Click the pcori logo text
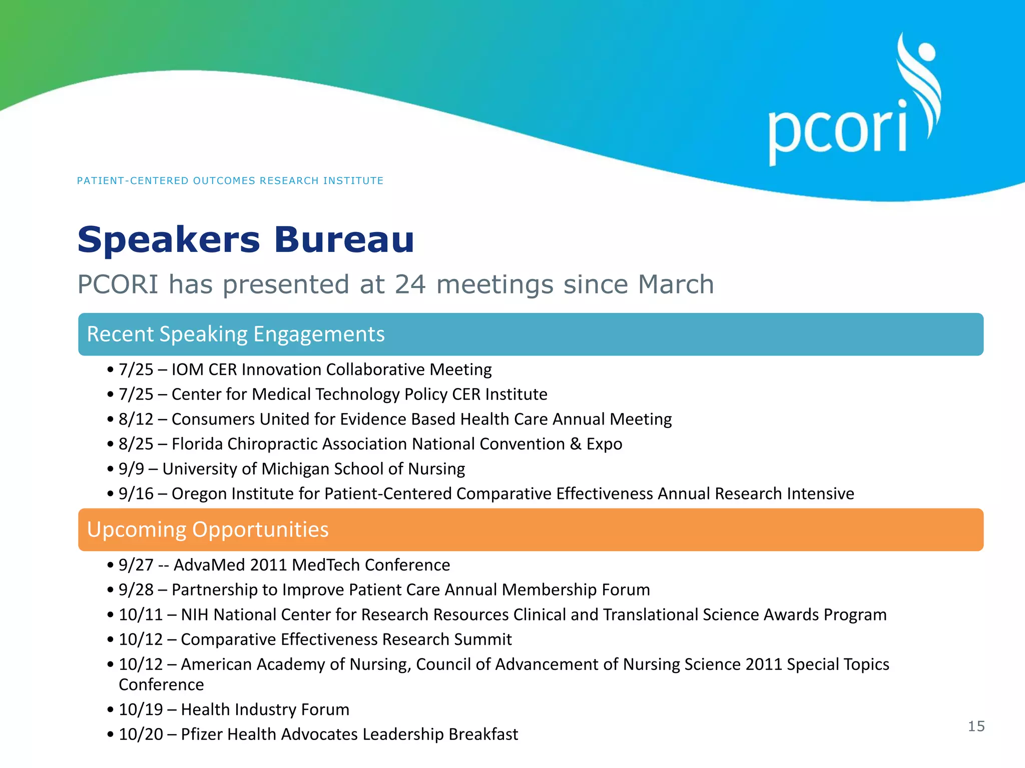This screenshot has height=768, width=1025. click(837, 131)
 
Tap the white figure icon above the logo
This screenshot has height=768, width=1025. click(920, 80)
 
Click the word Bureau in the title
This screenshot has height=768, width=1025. click(344, 239)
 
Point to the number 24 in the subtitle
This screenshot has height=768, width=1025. click(410, 284)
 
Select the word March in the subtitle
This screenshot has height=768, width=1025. click(675, 284)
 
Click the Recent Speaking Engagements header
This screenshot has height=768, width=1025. click(236, 334)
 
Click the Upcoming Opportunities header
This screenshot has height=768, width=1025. click(208, 529)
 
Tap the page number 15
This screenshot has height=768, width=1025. click(976, 726)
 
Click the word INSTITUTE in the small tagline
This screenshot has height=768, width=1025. click(353, 180)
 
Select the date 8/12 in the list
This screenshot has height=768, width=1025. click(136, 419)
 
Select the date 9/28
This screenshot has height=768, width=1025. click(136, 590)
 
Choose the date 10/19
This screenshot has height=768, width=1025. click(141, 709)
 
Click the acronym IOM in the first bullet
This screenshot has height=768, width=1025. click(187, 369)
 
